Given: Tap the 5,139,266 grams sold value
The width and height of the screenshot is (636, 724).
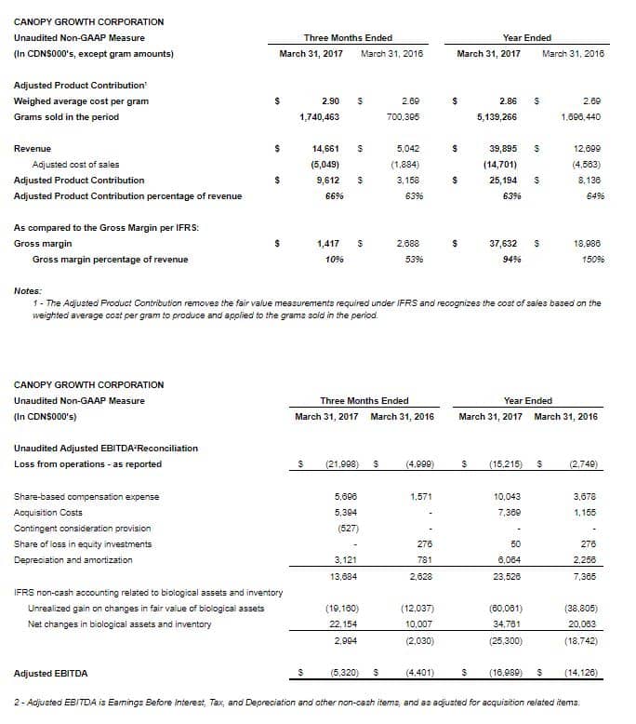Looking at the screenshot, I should (497, 117).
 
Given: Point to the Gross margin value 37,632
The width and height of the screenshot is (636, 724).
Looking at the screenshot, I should (502, 243).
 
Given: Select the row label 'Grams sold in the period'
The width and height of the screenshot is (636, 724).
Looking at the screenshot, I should (66, 117).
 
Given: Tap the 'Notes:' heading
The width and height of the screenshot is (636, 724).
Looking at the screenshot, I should (28, 291).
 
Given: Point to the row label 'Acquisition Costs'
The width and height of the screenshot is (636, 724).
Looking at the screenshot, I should (48, 512).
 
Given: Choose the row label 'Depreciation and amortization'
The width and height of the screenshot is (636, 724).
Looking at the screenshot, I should (73, 559).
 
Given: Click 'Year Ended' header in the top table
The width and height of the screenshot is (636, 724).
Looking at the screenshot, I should (526, 37).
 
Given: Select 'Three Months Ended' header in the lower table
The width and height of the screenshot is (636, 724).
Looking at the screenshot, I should (364, 401).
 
